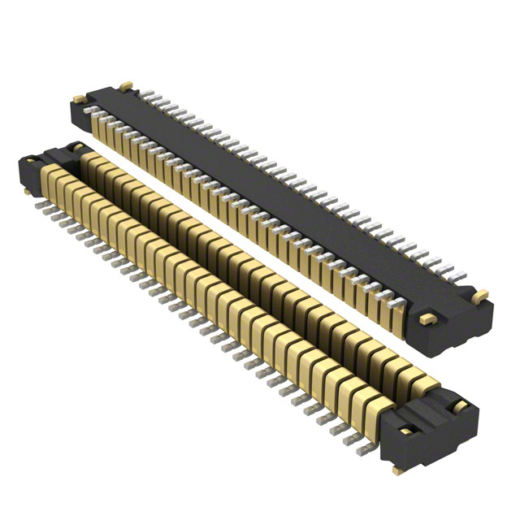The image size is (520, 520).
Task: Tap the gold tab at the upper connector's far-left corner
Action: pos(79,98)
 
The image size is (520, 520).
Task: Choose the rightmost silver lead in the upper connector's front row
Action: pos(398,306)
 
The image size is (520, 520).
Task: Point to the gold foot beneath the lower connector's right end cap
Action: pos(397,470)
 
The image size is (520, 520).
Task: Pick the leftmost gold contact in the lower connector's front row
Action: pos(50,182)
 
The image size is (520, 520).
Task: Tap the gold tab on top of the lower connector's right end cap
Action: pos(458,405)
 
